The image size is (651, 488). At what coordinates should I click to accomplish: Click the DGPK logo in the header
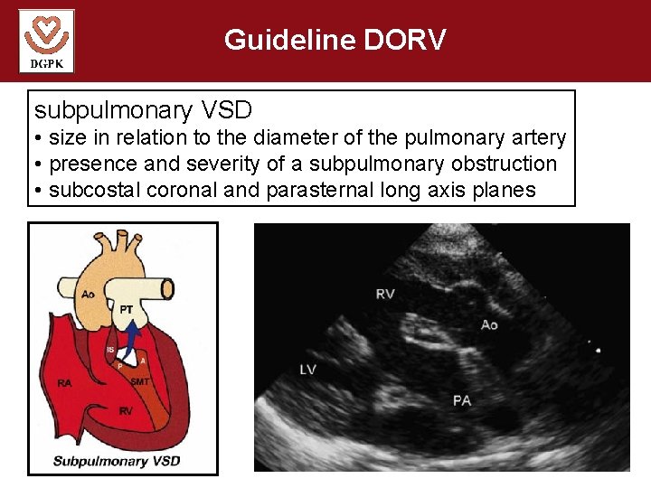tap(46, 41)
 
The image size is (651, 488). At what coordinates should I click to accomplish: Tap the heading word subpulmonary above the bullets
tap(113, 110)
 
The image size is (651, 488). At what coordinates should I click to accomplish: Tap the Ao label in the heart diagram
tap(88, 295)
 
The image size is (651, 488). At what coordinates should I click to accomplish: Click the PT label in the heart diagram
tap(127, 309)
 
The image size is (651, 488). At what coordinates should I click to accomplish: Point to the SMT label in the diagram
tap(139, 382)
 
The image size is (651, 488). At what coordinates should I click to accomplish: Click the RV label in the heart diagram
tap(127, 411)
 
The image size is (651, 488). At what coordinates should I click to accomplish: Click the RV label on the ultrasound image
tap(385, 294)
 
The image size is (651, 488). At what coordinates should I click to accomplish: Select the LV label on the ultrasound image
tap(308, 371)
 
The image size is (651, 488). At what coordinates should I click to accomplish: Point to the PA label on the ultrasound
tap(462, 399)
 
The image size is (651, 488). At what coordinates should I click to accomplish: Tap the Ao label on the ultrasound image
tap(489, 324)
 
